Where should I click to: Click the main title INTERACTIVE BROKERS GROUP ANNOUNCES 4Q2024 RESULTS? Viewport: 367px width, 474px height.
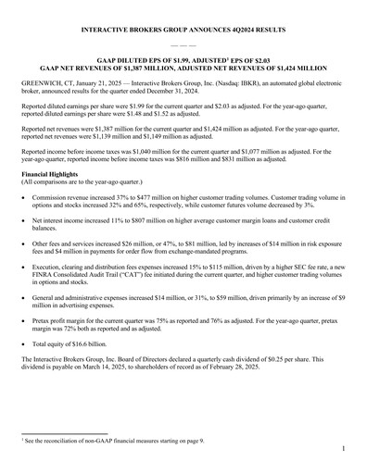(183, 31)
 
